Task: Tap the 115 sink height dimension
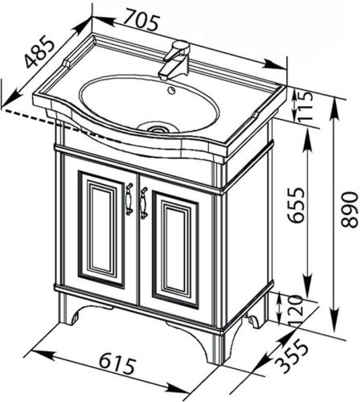(x=305, y=107)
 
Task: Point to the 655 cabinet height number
(x=296, y=205)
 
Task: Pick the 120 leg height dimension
(x=296, y=311)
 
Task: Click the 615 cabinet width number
(x=117, y=364)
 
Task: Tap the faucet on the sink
(x=174, y=60)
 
